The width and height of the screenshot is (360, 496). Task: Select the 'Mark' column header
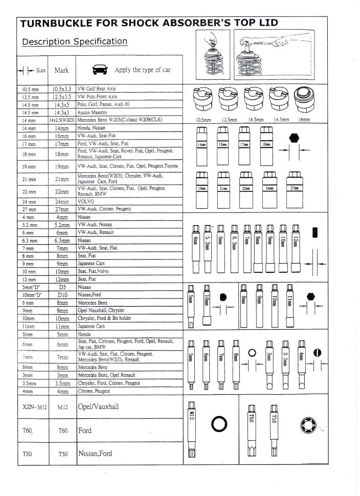tap(61, 71)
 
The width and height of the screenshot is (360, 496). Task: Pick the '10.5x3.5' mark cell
tap(62, 89)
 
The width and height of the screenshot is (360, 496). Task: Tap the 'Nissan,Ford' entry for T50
tap(95, 454)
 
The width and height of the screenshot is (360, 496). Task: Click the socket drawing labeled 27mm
tap(295, 188)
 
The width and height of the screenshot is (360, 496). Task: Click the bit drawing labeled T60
tap(252, 427)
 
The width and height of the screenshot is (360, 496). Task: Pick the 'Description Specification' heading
tap(75, 41)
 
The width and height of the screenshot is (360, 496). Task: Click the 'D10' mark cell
tap(62, 295)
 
